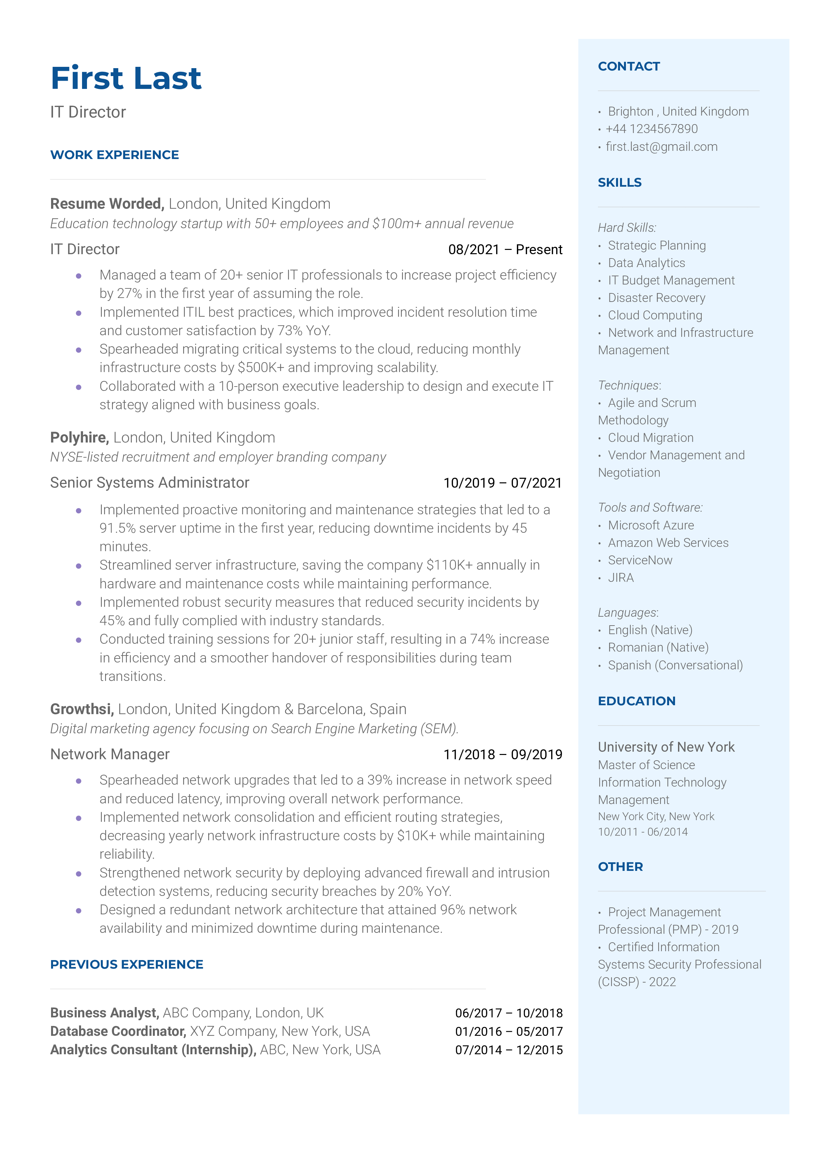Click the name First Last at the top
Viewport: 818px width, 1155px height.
[126, 78]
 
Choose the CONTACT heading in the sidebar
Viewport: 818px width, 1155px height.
[629, 67]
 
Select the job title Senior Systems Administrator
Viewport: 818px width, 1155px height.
[150, 483]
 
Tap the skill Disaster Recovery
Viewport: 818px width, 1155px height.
[656, 298]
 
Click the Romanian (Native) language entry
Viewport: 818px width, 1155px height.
[658, 648]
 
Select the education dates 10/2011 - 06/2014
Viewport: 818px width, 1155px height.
[643, 832]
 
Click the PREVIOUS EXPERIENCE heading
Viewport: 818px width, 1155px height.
[127, 965]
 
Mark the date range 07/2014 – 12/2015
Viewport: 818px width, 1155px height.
[509, 1050]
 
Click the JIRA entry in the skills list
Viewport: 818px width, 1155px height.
[621, 578]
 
